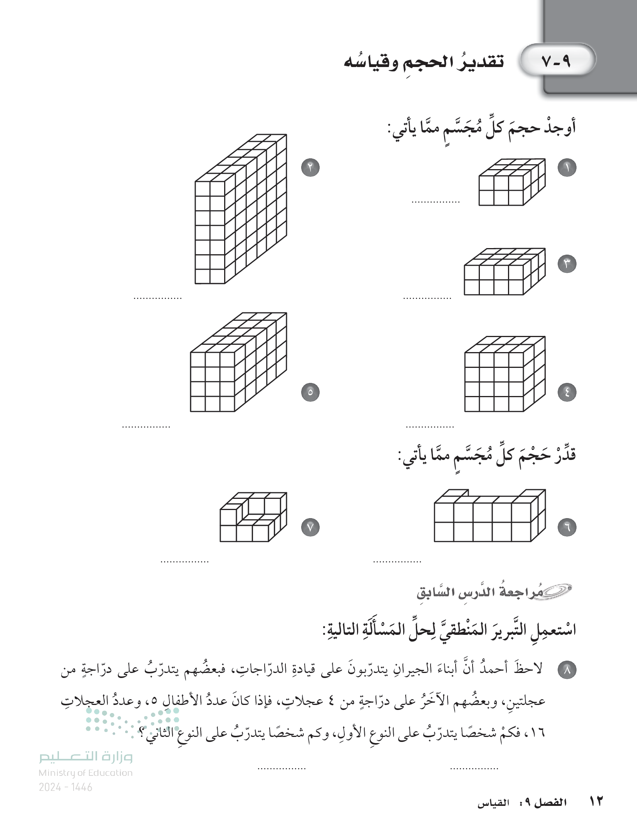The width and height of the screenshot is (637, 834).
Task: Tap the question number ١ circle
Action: (x=567, y=168)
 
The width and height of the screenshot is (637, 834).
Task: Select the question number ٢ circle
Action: (x=310, y=168)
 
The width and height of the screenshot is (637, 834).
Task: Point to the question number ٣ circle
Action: (x=567, y=264)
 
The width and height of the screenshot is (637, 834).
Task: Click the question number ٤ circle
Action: (x=567, y=392)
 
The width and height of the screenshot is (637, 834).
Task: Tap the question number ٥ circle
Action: (x=310, y=392)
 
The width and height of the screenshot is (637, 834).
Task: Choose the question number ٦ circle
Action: (x=567, y=527)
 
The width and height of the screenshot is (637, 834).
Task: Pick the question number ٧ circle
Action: (x=310, y=527)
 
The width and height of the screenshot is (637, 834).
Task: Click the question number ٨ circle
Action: (x=567, y=670)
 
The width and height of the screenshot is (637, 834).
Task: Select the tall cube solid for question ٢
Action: (x=241, y=210)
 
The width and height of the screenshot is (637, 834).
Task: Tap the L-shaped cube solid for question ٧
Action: (x=253, y=517)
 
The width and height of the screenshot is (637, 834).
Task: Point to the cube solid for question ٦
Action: (x=489, y=516)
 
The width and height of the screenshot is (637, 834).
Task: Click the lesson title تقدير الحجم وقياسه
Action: (x=424, y=62)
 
